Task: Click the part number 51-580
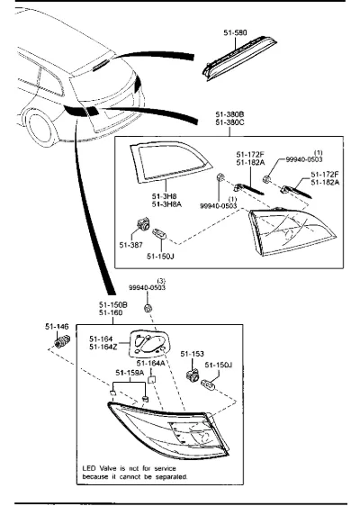(235, 32)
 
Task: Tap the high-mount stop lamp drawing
(239, 59)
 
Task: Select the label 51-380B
(230, 114)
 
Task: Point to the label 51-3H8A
(166, 204)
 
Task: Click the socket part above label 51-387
(142, 223)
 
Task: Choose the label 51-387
(131, 245)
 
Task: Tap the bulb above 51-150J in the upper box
(160, 233)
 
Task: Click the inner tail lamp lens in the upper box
(292, 231)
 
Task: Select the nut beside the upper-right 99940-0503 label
(266, 179)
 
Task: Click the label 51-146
(57, 327)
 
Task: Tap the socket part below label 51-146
(62, 341)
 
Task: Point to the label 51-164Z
(103, 347)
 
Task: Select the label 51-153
(193, 354)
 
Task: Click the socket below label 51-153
(193, 375)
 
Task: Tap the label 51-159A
(130, 373)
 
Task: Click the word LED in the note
(89, 468)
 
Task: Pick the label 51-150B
(113, 304)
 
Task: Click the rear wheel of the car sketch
(39, 127)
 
